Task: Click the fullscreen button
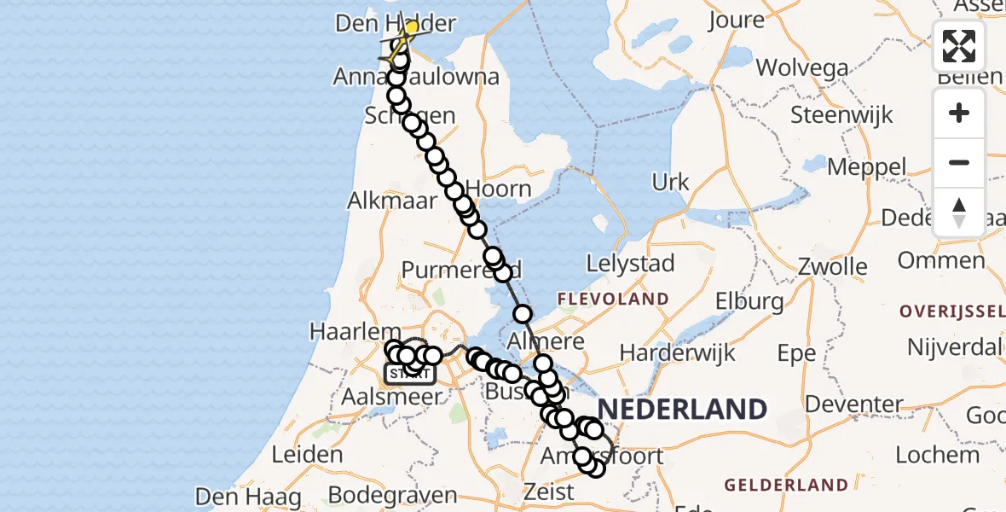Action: tap(959, 46)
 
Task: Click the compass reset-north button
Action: tap(959, 212)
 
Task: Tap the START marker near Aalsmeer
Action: tap(410, 373)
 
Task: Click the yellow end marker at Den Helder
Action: tap(411, 28)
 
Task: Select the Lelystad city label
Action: tap(631, 264)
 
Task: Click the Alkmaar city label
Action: tap(391, 201)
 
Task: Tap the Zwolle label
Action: tap(833, 267)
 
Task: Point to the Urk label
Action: tap(670, 182)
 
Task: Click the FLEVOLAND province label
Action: tap(612, 300)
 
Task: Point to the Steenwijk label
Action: tap(841, 115)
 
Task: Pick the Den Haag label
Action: tap(248, 497)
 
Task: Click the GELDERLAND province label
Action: tap(786, 485)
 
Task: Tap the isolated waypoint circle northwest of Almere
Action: tap(523, 314)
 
